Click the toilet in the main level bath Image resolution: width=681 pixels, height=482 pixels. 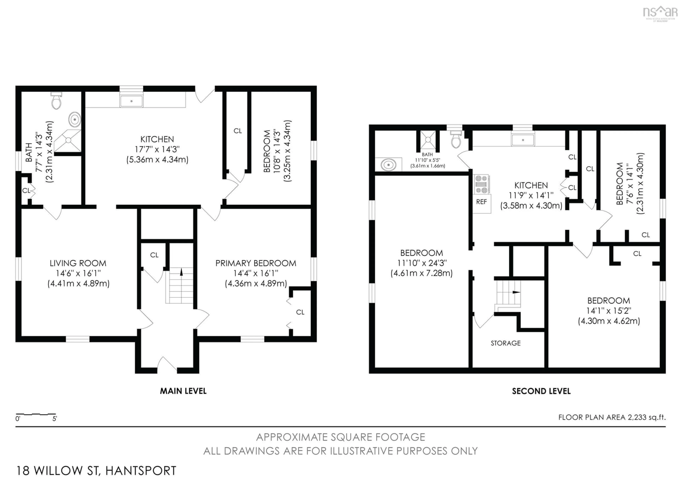[56, 101]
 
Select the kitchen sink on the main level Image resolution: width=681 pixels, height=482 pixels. [131, 101]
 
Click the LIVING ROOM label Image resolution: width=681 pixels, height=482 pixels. [78, 263]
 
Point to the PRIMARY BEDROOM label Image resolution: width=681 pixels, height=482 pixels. [256, 263]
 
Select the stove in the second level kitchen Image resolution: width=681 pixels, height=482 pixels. [481, 184]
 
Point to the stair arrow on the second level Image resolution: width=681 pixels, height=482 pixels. [516, 292]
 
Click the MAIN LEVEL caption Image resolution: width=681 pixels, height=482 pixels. [183, 391]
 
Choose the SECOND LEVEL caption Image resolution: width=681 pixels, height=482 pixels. [541, 391]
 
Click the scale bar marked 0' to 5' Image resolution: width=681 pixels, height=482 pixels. [36, 414]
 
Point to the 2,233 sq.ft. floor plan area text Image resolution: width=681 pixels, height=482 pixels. [646, 417]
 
